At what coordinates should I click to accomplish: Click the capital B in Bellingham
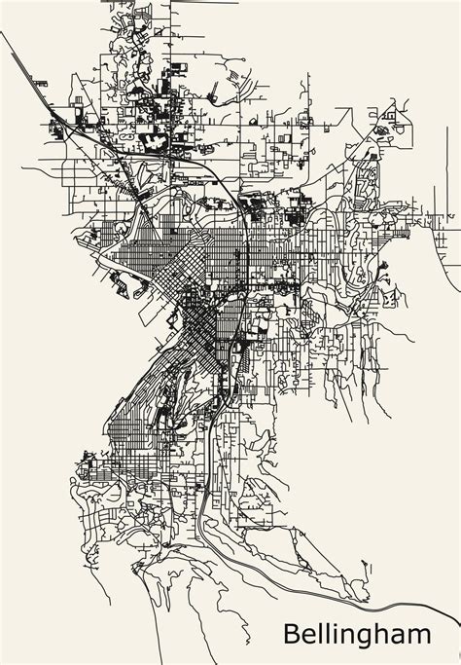tap(292, 634)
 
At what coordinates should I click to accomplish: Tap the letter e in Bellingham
tap(310, 636)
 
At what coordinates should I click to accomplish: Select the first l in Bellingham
tap(322, 633)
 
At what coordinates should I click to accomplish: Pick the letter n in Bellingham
tap(350, 636)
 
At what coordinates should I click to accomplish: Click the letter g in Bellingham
tap(368, 639)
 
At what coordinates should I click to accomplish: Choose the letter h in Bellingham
tap(384, 633)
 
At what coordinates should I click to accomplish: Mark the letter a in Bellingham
tap(401, 636)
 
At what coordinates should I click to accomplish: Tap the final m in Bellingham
tap(421, 636)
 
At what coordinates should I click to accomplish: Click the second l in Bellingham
tap(330, 633)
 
